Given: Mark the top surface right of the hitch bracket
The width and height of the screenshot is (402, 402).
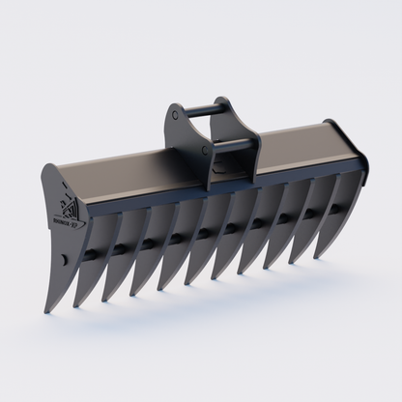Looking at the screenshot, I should pyautogui.click(x=295, y=135).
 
